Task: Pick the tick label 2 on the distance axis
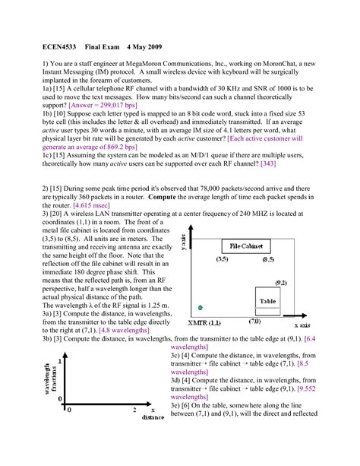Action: [x=135, y=411]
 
